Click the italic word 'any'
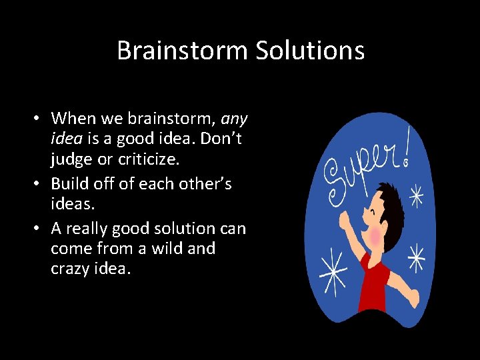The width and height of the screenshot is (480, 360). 234,119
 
